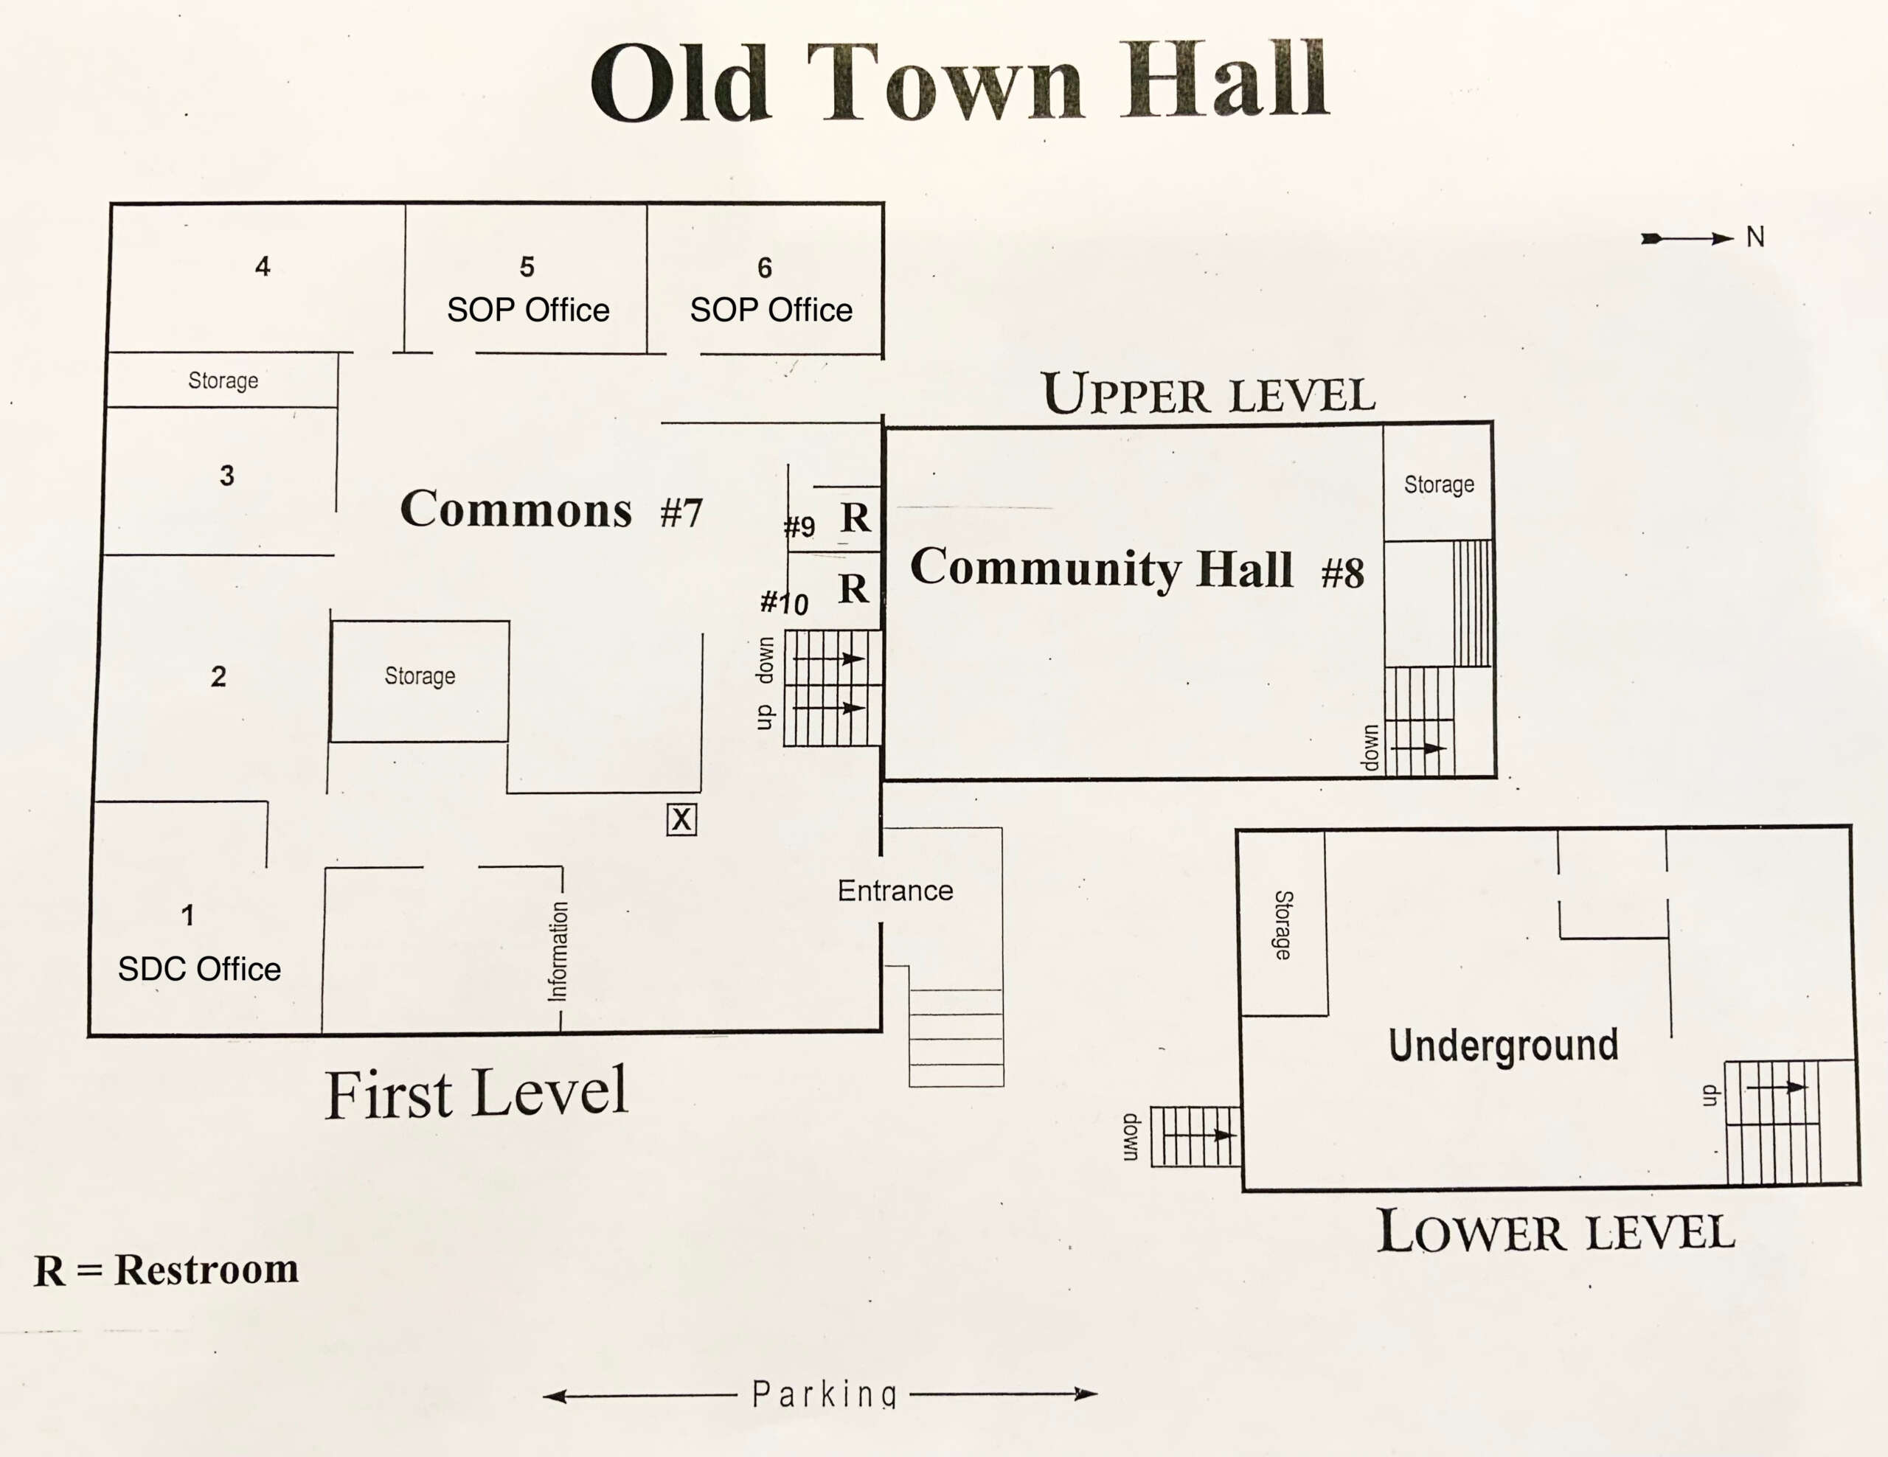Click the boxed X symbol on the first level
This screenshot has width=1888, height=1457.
point(681,818)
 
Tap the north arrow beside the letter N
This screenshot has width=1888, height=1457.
point(1687,238)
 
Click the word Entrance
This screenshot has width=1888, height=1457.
point(895,891)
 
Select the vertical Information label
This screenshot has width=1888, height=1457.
point(558,950)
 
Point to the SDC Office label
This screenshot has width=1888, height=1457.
point(199,969)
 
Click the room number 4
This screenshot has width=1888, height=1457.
point(263,266)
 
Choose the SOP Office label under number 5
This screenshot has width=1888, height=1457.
point(528,310)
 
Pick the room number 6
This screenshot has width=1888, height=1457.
point(764,268)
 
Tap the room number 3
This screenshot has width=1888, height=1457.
point(226,476)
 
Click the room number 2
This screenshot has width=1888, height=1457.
point(219,676)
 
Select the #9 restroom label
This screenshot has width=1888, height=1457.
point(799,526)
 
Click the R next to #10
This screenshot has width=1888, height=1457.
point(853,588)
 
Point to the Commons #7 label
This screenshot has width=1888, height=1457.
point(551,508)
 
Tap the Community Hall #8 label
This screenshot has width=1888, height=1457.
point(1136,568)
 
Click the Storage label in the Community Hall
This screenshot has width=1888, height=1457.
point(1438,484)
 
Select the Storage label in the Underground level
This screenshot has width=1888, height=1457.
point(1284,925)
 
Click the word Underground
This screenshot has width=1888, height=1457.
point(1503,1046)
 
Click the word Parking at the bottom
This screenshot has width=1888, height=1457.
point(824,1393)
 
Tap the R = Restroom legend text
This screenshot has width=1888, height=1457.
point(166,1270)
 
